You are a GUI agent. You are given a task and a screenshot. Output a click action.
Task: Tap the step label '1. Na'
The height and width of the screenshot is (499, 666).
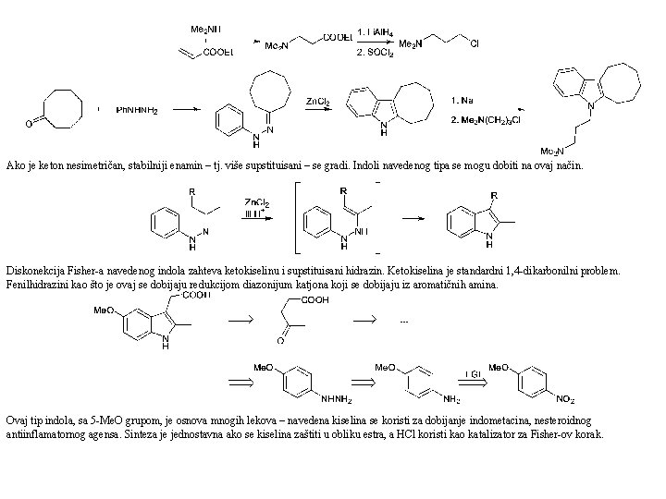pyautogui.click(x=463, y=99)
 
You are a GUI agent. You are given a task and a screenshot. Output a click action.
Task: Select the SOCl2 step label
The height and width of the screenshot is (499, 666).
pyautogui.click(x=376, y=55)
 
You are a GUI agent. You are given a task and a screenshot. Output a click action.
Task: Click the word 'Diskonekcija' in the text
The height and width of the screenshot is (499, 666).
pyautogui.click(x=33, y=273)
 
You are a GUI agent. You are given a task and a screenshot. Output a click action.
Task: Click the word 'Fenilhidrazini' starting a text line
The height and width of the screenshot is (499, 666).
pyautogui.click(x=37, y=285)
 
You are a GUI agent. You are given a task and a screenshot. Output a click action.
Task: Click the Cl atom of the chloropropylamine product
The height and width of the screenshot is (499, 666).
pyautogui.click(x=474, y=42)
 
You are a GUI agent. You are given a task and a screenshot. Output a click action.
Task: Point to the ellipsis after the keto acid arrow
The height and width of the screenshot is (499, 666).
pyautogui.click(x=402, y=321)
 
